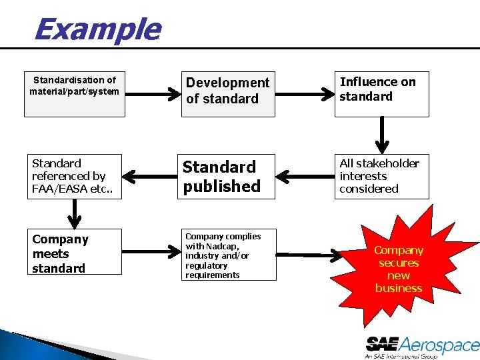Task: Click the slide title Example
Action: [97, 30]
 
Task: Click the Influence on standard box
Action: [381, 93]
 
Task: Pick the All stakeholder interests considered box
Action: [381, 176]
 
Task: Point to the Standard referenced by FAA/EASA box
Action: [73, 176]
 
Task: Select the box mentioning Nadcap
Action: [229, 255]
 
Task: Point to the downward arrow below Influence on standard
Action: [383, 135]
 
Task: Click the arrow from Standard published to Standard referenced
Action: [150, 176]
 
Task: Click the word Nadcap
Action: [223, 246]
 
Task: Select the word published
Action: [222, 187]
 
